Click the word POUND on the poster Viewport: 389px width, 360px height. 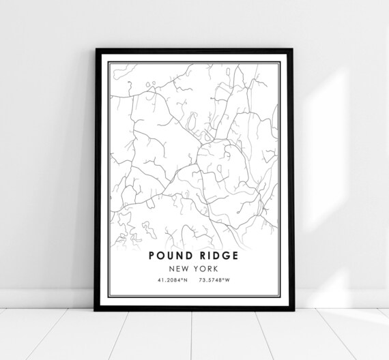point(171,256)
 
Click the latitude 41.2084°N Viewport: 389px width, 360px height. point(171,280)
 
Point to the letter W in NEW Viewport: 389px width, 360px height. point(186,269)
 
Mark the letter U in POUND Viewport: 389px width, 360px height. point(171,256)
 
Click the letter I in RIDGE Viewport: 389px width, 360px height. point(206,256)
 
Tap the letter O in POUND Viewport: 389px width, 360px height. point(162,256)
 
